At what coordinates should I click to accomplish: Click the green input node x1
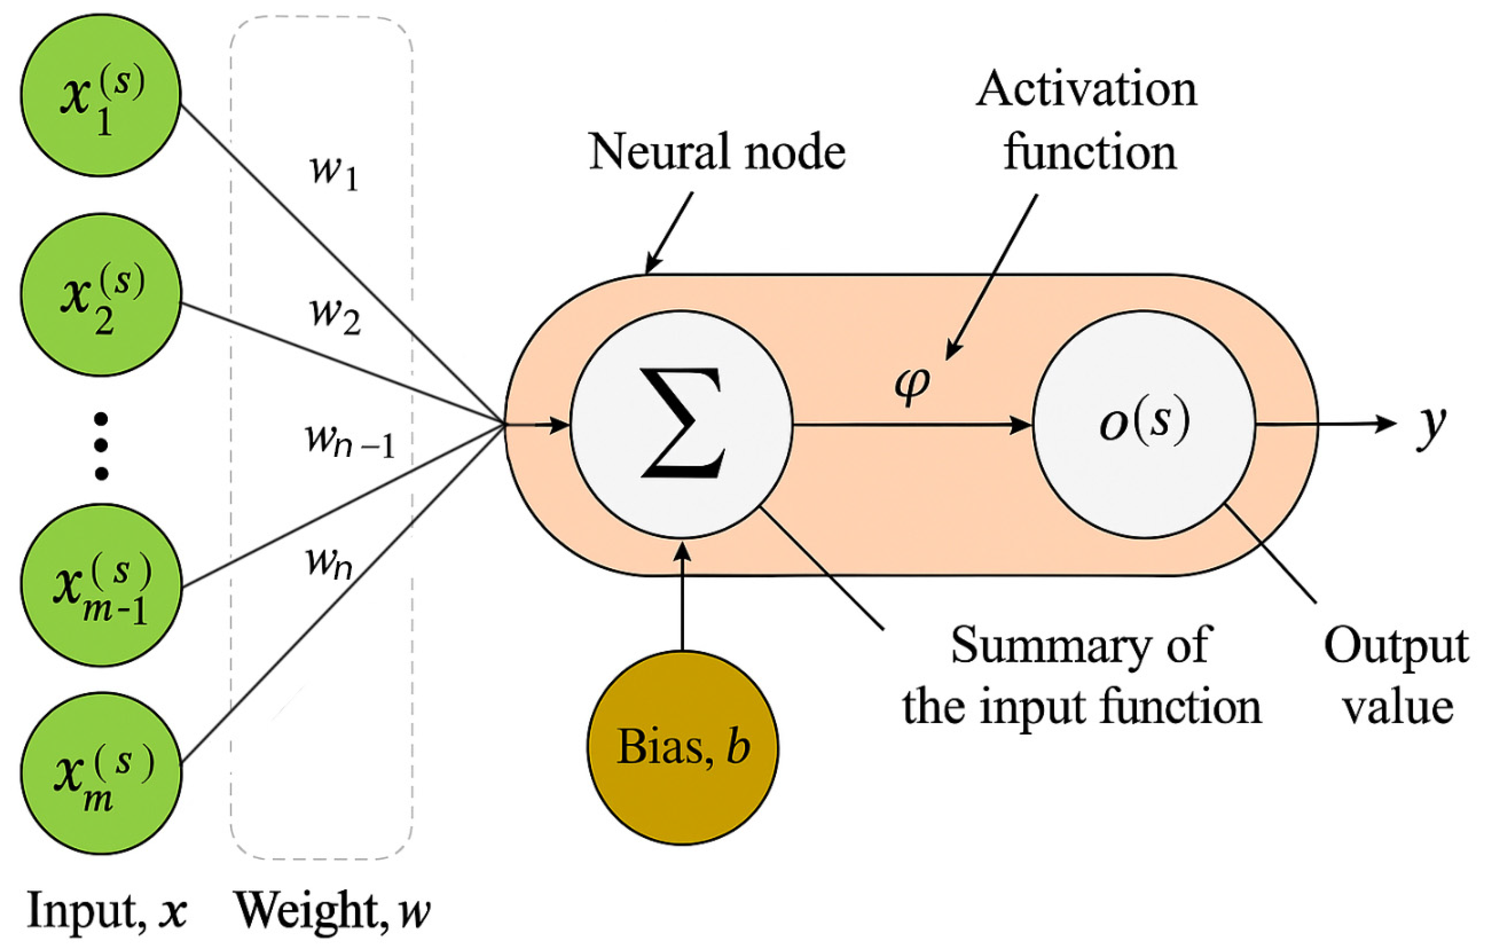[101, 96]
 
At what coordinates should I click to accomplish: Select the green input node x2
[101, 295]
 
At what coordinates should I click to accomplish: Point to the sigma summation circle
[681, 424]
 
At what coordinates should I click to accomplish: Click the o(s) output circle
[1144, 424]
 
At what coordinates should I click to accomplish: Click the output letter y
[1431, 426]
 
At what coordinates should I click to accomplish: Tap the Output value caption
[1395, 676]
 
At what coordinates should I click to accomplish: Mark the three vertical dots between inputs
[101, 446]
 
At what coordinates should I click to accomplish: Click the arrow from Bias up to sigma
[682, 596]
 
